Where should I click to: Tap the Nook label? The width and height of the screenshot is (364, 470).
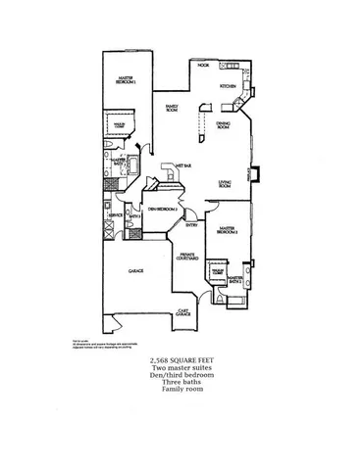pos(203,66)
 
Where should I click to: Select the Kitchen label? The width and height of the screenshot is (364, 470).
pos(228,87)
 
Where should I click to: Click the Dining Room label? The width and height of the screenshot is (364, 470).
pos(223,124)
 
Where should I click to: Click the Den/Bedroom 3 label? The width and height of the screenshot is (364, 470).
pos(161,209)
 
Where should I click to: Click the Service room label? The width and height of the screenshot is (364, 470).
pos(116,214)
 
